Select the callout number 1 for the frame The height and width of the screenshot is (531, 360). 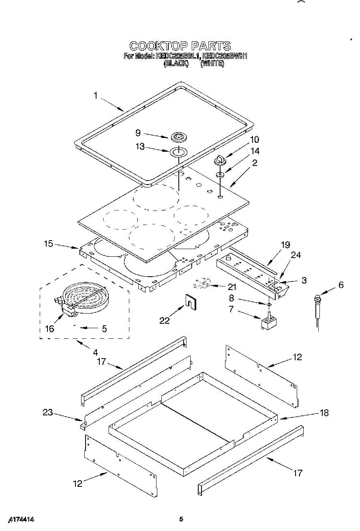point(96,96)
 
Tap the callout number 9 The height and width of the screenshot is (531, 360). point(138,133)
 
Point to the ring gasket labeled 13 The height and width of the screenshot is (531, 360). point(178,153)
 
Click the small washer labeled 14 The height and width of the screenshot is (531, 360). point(220,175)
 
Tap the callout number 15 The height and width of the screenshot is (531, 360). point(49,244)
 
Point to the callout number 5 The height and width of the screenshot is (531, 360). point(104,329)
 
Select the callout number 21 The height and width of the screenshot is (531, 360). point(232,287)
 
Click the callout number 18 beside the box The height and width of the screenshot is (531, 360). point(324,413)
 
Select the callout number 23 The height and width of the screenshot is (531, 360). point(48,413)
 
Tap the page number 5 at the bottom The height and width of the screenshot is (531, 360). point(182,519)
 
